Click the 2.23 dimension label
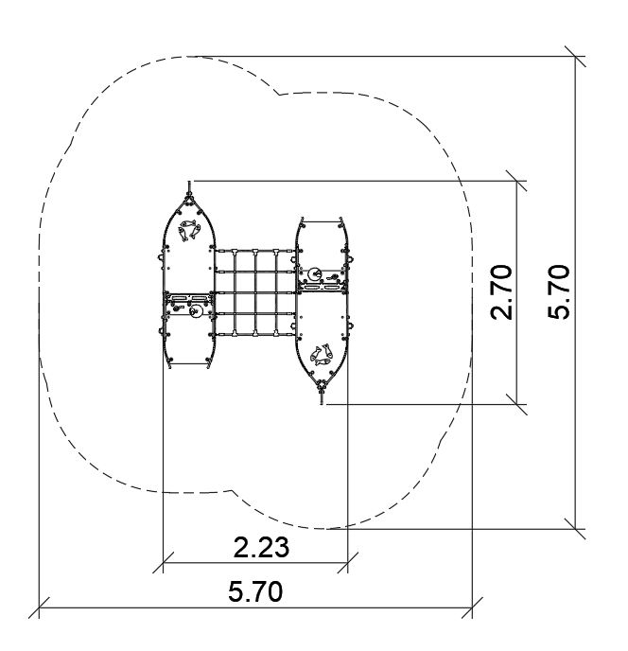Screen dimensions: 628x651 pyautogui.click(x=261, y=547)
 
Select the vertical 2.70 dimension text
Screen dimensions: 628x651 pyautogui.click(x=501, y=291)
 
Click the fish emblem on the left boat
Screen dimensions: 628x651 pyautogui.click(x=189, y=230)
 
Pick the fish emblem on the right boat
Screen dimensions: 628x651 pyautogui.click(x=322, y=355)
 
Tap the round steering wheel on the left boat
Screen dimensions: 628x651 pyautogui.click(x=195, y=310)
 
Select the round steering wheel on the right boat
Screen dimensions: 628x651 pyautogui.click(x=314, y=274)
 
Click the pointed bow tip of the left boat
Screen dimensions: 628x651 pyautogui.click(x=189, y=183)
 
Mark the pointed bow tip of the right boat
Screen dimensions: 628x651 pyautogui.click(x=323, y=403)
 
